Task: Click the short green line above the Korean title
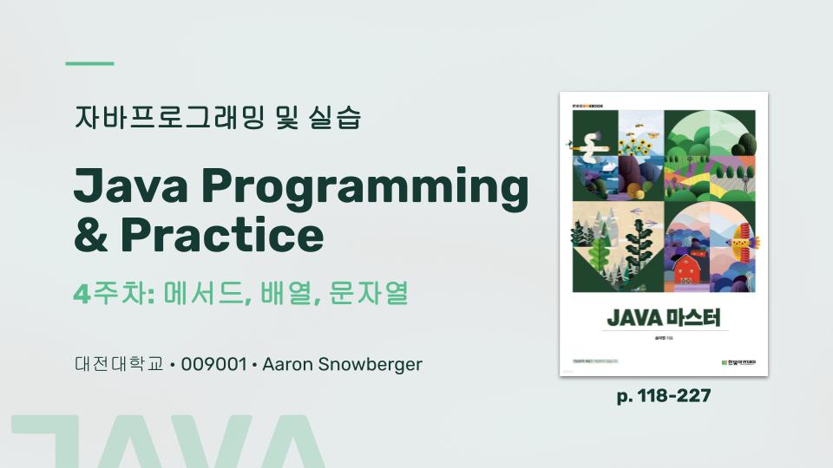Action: pos(90,63)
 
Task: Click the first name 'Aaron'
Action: pos(285,364)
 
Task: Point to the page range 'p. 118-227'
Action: pos(664,396)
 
